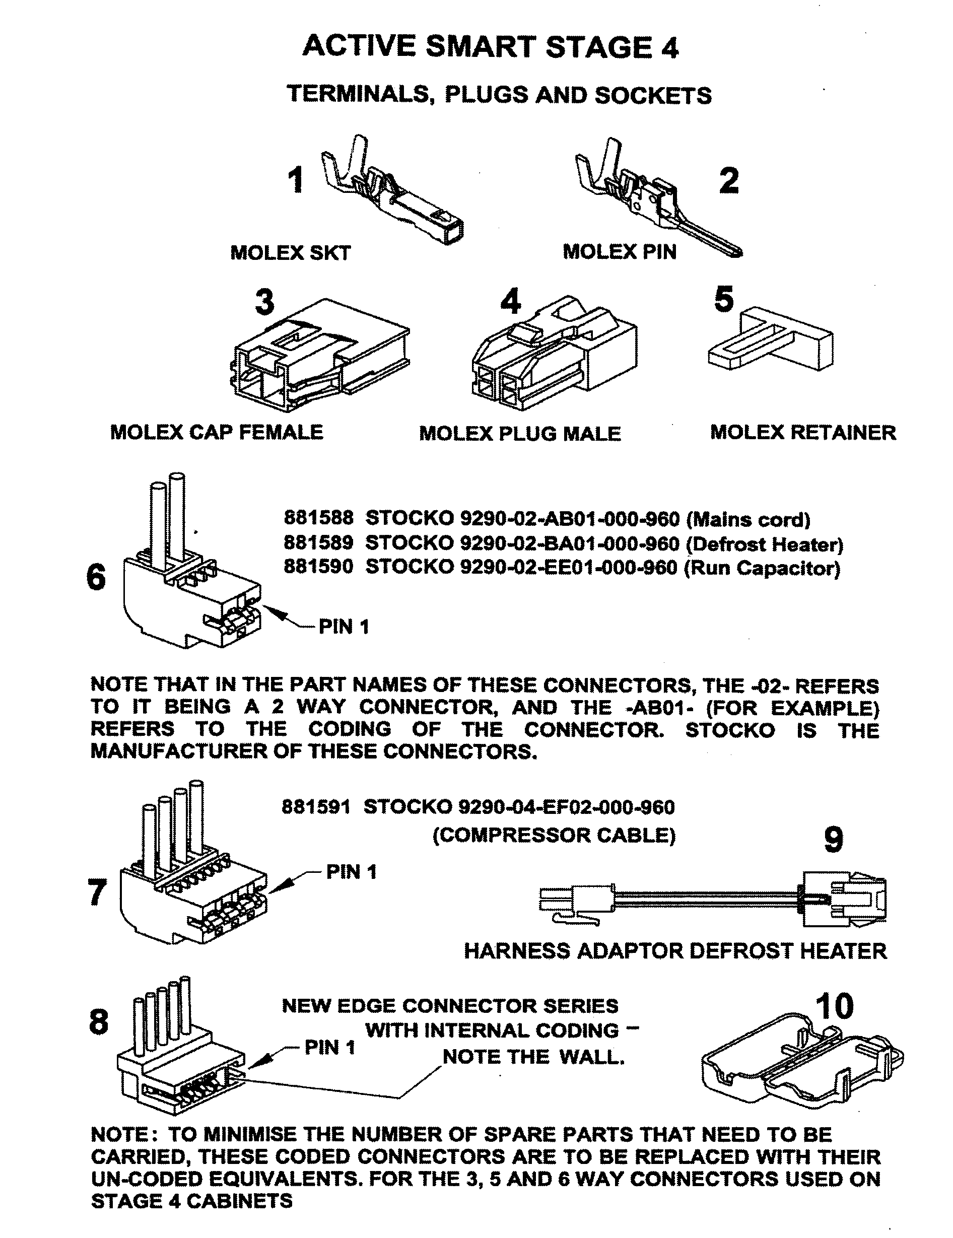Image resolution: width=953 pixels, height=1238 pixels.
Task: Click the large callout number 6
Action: (x=96, y=578)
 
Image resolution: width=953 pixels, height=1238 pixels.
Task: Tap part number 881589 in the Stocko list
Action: (x=318, y=543)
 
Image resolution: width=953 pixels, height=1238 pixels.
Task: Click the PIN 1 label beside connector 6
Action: (x=344, y=627)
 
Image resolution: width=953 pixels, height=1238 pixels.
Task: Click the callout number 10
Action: (x=834, y=1006)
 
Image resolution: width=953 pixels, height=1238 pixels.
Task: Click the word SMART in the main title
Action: (x=480, y=46)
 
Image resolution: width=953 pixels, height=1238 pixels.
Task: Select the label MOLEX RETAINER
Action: (x=803, y=433)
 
